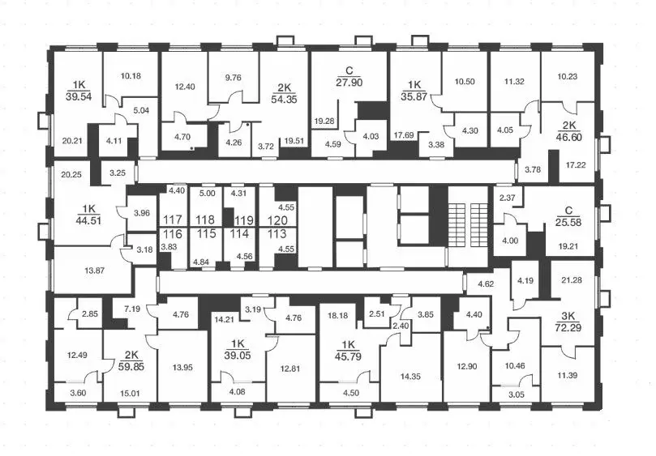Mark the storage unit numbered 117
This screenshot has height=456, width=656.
(x=172, y=219)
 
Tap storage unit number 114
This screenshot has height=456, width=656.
(x=238, y=233)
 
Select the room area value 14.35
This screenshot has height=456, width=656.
(x=411, y=354)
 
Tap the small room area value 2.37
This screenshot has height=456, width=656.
(x=507, y=198)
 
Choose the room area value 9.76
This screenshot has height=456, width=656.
(x=234, y=79)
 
